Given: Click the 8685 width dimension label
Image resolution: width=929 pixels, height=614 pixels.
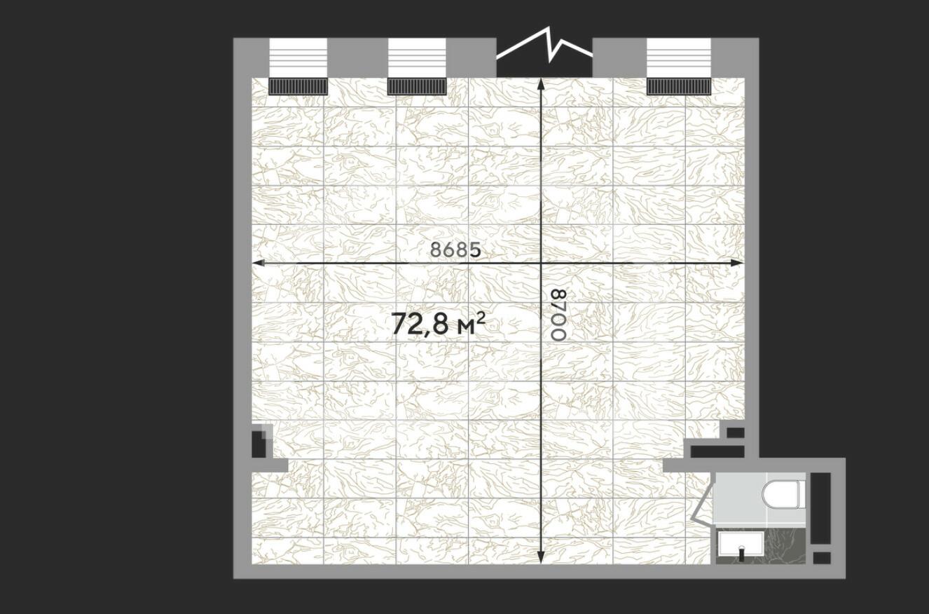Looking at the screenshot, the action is point(456,250).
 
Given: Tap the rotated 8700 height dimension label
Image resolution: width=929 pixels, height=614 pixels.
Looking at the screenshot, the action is point(558,315).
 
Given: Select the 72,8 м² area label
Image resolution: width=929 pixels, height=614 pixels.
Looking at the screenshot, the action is point(439,323).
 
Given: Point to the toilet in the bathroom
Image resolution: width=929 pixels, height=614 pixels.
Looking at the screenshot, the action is point(783,494).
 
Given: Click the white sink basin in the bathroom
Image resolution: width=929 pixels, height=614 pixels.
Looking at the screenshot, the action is point(741,545).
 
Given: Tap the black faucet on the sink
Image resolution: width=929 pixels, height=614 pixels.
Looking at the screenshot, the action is point(742,554).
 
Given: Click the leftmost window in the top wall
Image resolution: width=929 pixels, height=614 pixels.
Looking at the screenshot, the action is point(298,57).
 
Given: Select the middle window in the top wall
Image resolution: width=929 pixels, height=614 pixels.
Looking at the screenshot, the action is point(417,57).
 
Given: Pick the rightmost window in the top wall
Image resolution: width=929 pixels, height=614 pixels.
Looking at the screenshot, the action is point(679,57).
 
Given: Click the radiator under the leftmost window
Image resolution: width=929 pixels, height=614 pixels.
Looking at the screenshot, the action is point(298,86).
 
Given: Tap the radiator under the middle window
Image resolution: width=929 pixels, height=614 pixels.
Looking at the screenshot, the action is point(417,86).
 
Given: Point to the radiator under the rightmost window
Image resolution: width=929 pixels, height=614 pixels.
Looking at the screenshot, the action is point(679,86).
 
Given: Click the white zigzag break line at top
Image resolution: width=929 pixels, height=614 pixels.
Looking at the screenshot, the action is point(544,46).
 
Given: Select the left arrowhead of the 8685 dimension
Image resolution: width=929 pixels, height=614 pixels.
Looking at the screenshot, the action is point(259,263).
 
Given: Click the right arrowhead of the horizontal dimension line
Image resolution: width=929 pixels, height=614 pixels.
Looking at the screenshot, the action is point(736,263).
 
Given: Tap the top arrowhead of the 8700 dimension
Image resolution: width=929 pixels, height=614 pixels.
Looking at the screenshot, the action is point(541,85).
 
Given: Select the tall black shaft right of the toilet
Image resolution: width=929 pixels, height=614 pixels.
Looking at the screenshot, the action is point(820,509).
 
